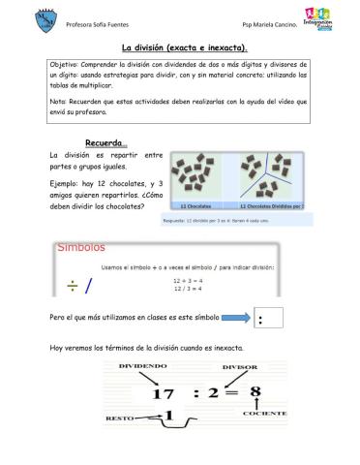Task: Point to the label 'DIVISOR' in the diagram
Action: point(239,368)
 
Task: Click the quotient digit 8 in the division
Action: point(255,392)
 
